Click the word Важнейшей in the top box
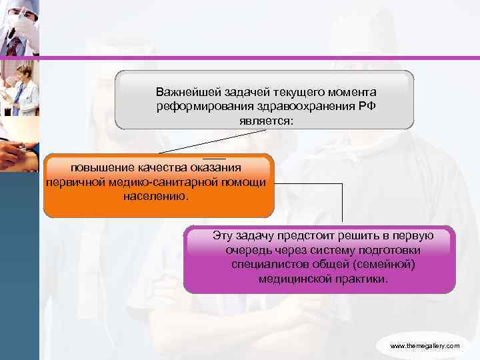point(182,91)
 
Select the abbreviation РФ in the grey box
point(367,107)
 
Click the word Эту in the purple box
point(223,235)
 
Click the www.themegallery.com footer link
point(425,346)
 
